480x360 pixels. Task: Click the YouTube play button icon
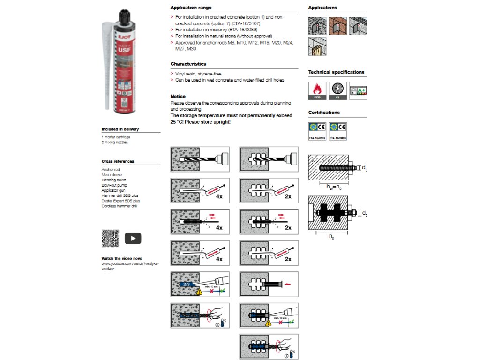[x=133, y=239]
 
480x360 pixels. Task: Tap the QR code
[x=110, y=239]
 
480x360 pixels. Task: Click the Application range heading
[x=191, y=7]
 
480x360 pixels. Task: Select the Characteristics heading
[x=188, y=64]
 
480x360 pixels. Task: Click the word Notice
[x=178, y=96]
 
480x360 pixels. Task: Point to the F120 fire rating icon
[x=317, y=90]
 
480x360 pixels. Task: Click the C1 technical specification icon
[x=337, y=90]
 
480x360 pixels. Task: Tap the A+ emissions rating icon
[x=358, y=90]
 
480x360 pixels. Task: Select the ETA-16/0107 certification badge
[x=317, y=131]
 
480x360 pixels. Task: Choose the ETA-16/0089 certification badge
[x=337, y=131]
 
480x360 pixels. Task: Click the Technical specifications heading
[x=336, y=72]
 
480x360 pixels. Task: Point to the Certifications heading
[x=324, y=112]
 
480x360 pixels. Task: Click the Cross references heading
[x=118, y=161]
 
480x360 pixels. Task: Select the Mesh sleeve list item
[x=112, y=175]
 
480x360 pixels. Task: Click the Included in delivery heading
[x=120, y=129]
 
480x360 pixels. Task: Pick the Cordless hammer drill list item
[x=119, y=206]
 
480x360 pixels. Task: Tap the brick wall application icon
[x=337, y=25]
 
